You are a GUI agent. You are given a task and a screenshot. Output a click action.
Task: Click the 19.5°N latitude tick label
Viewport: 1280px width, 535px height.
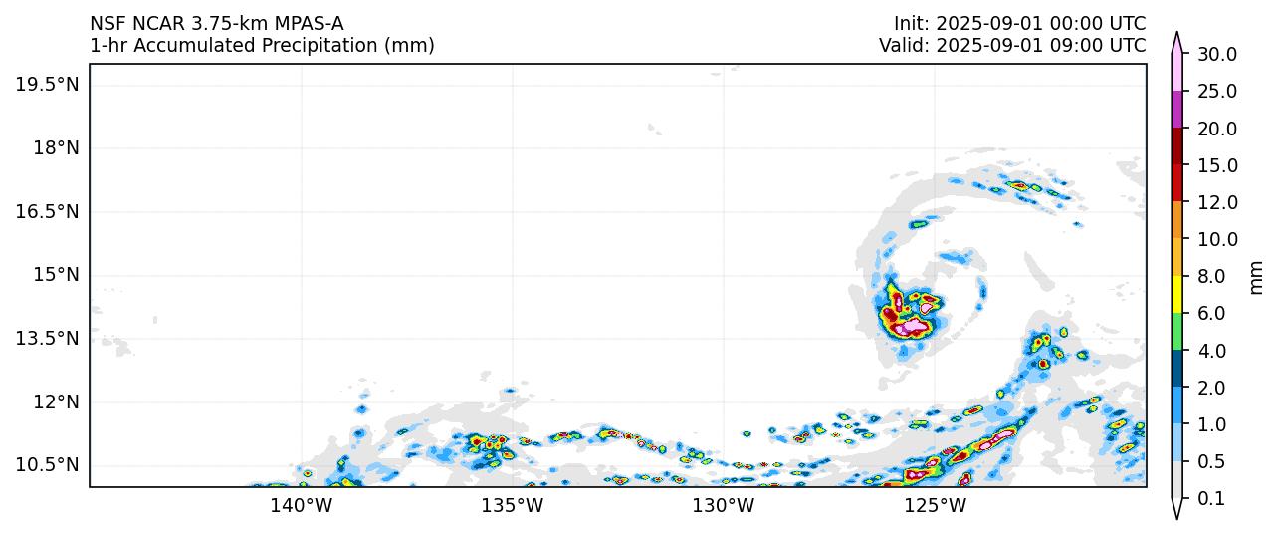[47, 84]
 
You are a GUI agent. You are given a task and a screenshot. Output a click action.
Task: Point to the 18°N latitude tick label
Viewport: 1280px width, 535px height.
[54, 147]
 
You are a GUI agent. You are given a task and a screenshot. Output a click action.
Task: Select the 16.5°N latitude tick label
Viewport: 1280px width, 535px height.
[47, 211]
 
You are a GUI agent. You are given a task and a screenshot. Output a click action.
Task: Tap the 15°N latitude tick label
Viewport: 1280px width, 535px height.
[54, 275]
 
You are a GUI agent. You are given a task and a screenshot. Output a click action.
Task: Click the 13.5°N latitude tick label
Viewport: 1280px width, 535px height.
[47, 339]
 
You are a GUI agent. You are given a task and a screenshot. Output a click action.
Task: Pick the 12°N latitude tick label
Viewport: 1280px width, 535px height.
[54, 401]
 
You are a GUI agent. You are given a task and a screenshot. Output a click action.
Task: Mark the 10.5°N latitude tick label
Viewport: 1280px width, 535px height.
[47, 465]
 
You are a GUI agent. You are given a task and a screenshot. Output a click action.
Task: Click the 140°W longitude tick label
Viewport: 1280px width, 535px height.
[302, 506]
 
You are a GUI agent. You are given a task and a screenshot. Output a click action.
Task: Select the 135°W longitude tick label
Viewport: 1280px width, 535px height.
[513, 506]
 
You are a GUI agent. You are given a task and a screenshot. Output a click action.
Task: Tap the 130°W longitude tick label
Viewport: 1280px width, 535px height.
[724, 506]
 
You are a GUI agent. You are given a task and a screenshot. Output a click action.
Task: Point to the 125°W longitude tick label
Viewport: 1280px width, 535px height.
[935, 506]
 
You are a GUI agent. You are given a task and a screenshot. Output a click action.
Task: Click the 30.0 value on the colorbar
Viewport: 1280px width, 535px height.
[1217, 54]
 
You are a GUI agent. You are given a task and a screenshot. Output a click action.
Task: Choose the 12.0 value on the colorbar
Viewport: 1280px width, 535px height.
[1217, 202]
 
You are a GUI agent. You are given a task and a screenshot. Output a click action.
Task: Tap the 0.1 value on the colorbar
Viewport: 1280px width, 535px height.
[1211, 499]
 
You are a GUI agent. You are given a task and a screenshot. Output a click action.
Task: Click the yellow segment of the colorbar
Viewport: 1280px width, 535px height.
[1177, 294]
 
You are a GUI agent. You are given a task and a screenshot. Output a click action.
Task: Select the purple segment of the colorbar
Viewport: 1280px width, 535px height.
[1177, 109]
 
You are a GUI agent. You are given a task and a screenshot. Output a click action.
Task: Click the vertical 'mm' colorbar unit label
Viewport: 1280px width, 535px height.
[1256, 277]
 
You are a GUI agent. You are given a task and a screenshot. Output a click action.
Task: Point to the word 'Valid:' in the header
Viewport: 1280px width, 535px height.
[904, 45]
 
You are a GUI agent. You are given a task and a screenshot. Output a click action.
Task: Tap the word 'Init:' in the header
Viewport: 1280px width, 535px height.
[911, 23]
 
